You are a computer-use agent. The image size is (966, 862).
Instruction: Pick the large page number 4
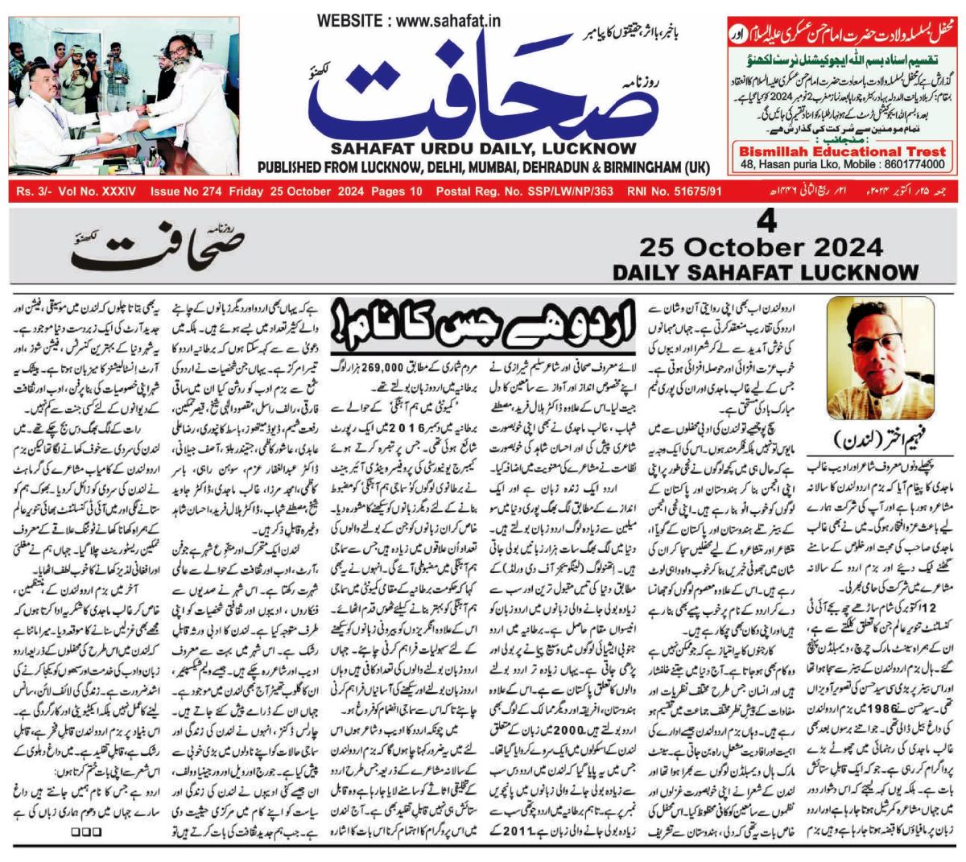point(768,221)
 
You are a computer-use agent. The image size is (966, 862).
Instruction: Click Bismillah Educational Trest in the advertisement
point(841,151)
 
